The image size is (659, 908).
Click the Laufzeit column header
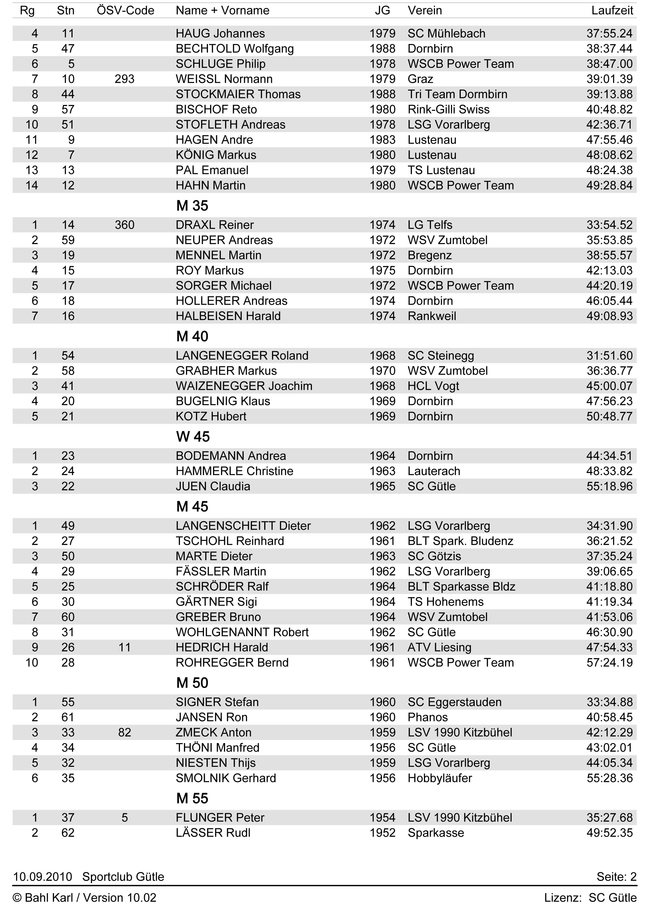coord(612,10)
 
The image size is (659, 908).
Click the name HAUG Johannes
coord(220,34)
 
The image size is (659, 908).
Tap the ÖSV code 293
coord(125,79)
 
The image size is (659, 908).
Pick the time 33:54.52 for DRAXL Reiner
coord(609,225)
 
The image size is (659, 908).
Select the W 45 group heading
coord(193,437)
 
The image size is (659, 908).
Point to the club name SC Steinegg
coord(440,356)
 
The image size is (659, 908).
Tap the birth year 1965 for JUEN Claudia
coord(382,486)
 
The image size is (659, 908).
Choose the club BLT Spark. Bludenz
coord(460,541)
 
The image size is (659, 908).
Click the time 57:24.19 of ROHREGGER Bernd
coord(609,662)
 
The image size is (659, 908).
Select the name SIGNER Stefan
coord(217,702)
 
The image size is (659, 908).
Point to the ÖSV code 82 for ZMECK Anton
coord(125,733)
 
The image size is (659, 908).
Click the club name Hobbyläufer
coord(440,778)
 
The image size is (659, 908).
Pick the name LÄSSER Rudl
coord(213,833)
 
